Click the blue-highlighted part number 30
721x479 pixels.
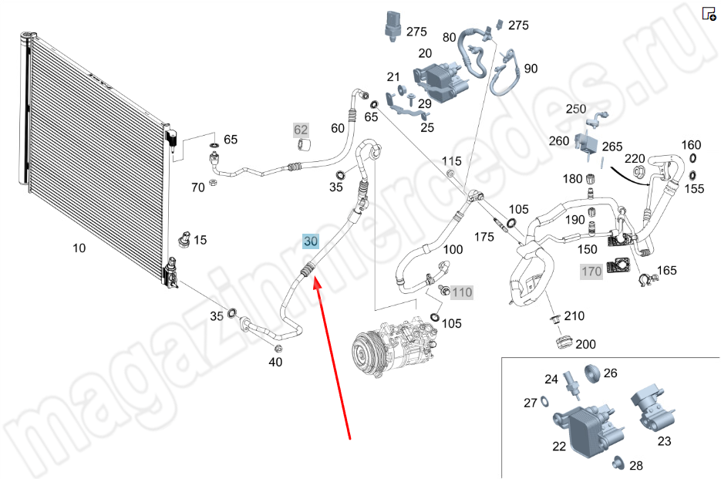311,241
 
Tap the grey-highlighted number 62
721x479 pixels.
301,130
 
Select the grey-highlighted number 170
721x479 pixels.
591,272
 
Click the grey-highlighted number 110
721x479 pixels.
462,292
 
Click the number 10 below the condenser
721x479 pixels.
79,248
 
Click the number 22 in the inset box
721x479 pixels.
559,447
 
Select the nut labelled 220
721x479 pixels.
638,172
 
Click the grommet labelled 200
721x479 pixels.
563,342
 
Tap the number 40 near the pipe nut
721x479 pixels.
275,362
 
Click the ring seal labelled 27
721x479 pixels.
544,401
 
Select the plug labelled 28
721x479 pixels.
618,463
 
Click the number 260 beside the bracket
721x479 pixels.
559,140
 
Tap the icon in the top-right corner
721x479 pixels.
709,13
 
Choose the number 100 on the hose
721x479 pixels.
453,249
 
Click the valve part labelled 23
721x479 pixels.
653,409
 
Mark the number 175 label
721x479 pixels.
484,237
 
